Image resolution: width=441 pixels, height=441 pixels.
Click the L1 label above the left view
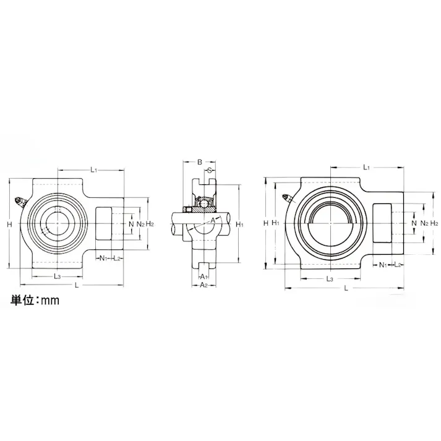click(x=93, y=168)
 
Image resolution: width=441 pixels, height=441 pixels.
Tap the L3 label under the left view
click(x=57, y=276)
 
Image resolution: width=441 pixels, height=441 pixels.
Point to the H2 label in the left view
click(x=150, y=223)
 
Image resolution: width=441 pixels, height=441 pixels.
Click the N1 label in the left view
click(x=103, y=257)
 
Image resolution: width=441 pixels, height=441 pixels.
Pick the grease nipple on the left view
click(x=20, y=202)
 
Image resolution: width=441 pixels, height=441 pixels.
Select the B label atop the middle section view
click(x=199, y=162)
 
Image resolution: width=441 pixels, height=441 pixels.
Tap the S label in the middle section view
click(x=210, y=170)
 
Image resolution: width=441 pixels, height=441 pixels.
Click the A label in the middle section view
click(x=213, y=220)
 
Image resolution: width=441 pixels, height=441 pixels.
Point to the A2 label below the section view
click(x=203, y=285)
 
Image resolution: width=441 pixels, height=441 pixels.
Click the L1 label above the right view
click(x=366, y=168)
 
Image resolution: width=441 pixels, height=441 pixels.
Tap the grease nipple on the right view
click(x=287, y=199)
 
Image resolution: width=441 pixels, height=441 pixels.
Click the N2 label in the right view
click(x=423, y=223)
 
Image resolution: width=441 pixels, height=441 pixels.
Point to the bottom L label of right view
click(x=346, y=288)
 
